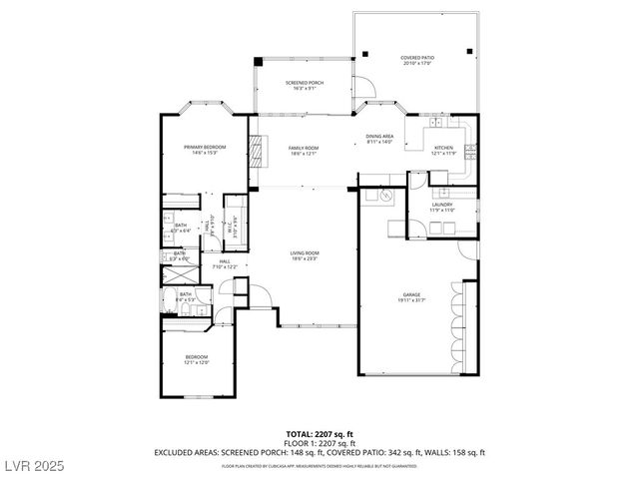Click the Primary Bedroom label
pyautogui.click(x=205, y=150)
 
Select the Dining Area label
pyautogui.click(x=379, y=139)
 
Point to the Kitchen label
pyautogui.click(x=443, y=151)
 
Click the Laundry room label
pyautogui.click(x=442, y=207)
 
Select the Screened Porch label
pyautogui.click(x=303, y=85)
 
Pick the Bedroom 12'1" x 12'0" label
pyautogui.click(x=196, y=359)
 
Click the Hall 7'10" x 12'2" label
pyautogui.click(x=224, y=264)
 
